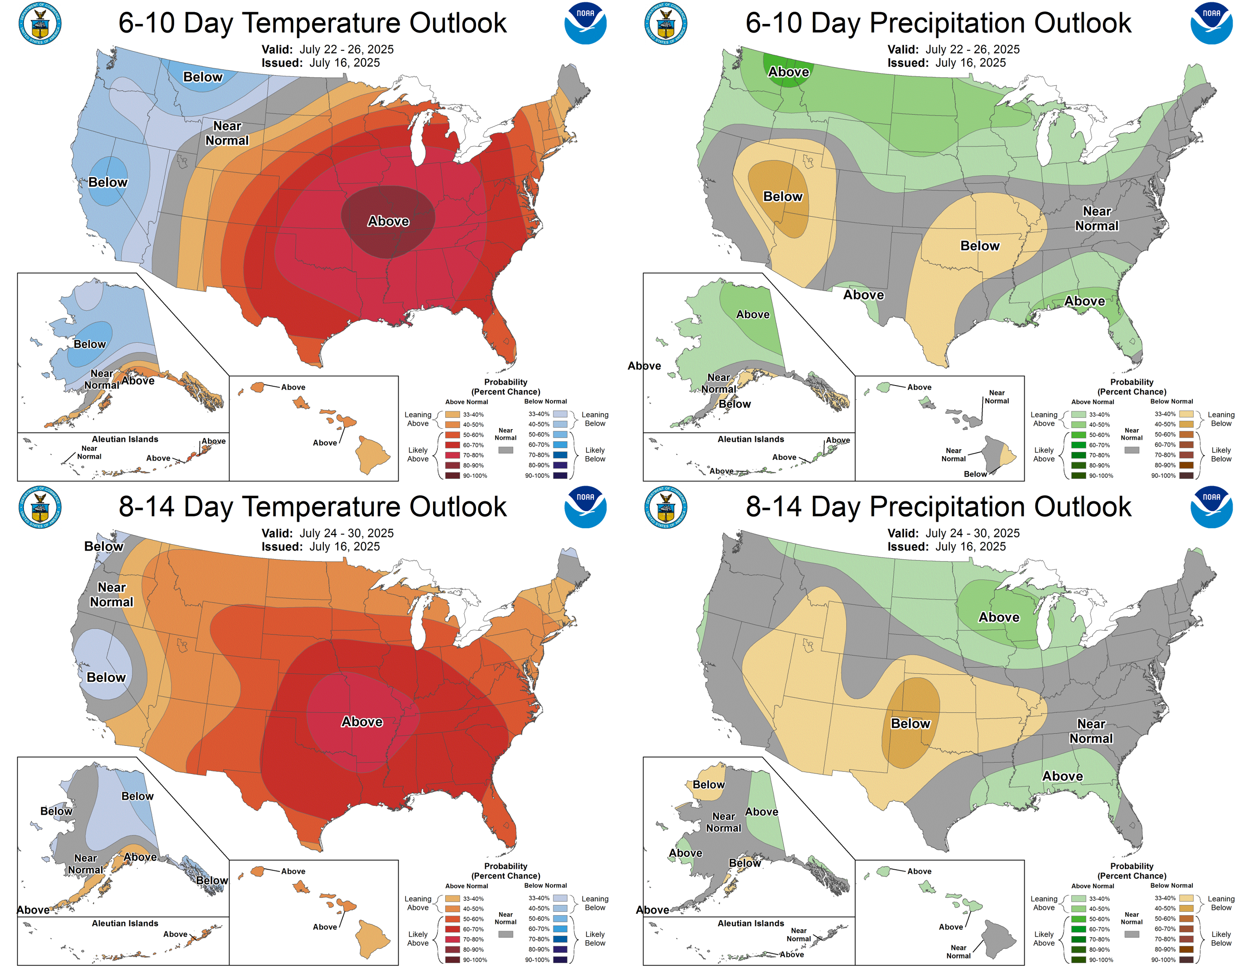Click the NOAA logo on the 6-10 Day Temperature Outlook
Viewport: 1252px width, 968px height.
point(585,23)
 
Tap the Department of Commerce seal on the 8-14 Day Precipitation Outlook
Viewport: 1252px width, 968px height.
point(666,507)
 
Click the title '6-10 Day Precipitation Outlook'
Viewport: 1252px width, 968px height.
point(938,23)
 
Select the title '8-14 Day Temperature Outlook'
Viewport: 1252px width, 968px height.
point(312,507)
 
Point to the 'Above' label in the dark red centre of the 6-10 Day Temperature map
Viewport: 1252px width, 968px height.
point(388,221)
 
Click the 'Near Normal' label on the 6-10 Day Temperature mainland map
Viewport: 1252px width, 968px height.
point(227,133)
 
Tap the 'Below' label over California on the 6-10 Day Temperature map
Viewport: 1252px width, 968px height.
point(108,182)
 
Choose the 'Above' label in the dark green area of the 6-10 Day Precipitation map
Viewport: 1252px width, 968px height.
point(788,72)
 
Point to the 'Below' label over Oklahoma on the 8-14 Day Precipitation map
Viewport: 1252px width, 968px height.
point(910,724)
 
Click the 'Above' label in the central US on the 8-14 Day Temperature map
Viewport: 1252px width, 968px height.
point(362,721)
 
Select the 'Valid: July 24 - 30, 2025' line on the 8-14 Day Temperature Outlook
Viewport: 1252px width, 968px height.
point(327,533)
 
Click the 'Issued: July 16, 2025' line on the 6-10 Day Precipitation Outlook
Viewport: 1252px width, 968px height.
point(946,63)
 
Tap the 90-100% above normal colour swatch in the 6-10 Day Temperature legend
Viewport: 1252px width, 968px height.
point(452,475)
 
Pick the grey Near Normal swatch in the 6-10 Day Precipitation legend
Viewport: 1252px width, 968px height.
point(1132,450)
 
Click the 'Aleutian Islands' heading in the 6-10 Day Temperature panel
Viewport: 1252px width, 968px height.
point(125,439)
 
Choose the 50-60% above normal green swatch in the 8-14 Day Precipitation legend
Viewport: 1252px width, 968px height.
point(1079,919)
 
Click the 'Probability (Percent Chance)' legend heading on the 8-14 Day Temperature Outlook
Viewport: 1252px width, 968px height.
point(506,871)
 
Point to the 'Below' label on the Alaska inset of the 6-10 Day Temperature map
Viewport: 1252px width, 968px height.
point(89,344)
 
